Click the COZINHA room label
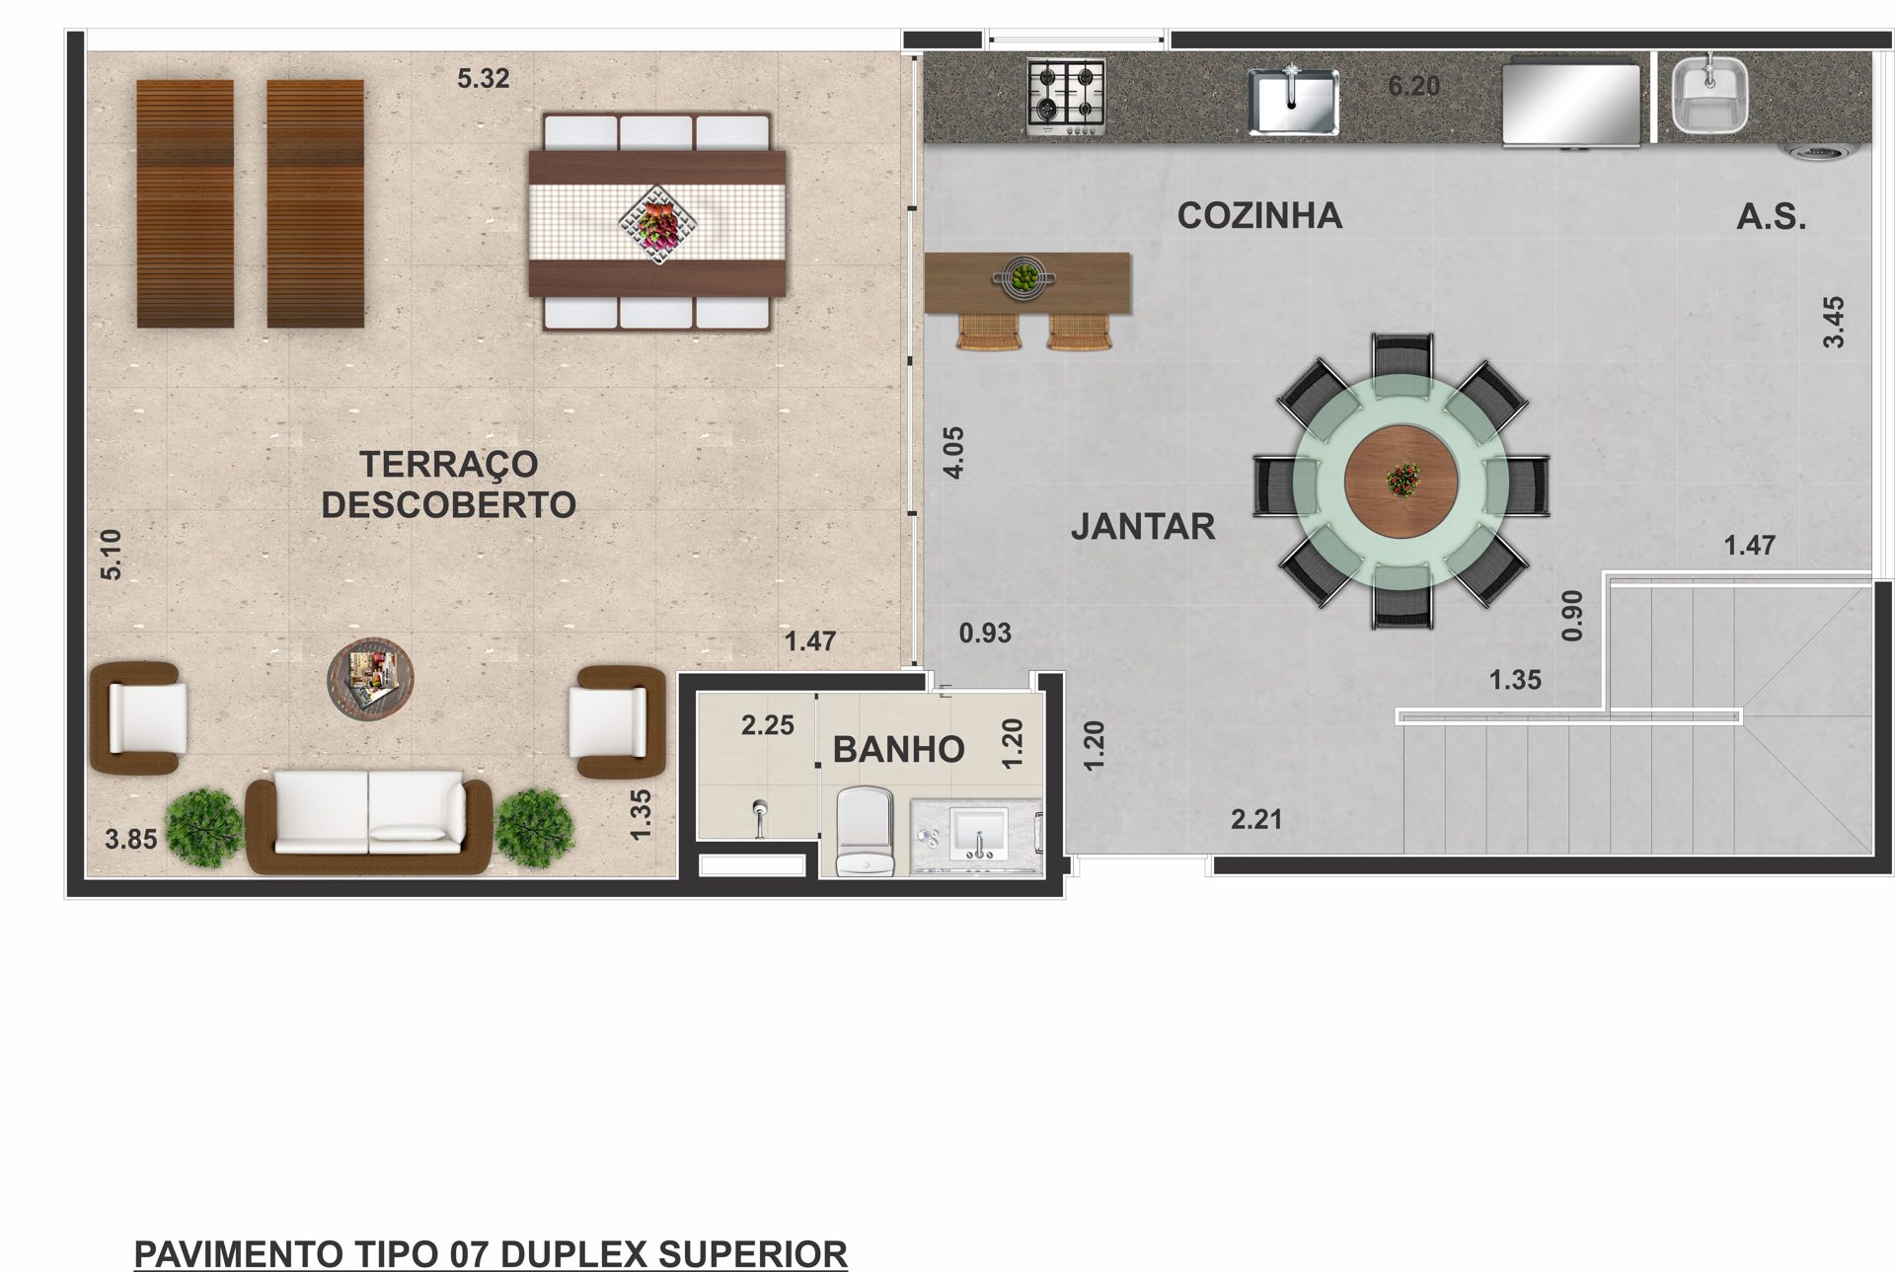[1259, 215]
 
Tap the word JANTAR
[1143, 527]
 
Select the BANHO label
[898, 750]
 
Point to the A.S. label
[1772, 217]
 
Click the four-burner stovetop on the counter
[1066, 97]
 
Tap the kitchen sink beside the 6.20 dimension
[1293, 100]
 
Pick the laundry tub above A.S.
[1710, 95]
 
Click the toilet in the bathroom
[865, 831]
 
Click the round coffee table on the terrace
[370, 678]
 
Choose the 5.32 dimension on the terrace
[483, 78]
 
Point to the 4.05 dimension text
[953, 452]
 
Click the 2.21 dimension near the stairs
[1256, 818]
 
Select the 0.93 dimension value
[985, 633]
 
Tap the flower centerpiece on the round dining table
[1402, 480]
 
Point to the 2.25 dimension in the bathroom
[768, 725]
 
